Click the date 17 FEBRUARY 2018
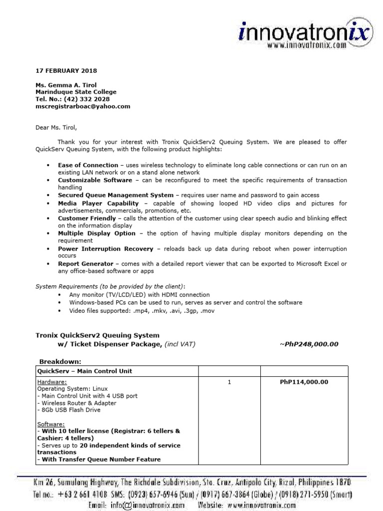coord(66,71)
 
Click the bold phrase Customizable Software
coord(95,180)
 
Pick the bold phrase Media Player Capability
coord(97,204)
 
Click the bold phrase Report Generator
coord(86,263)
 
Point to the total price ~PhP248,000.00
coord(309,344)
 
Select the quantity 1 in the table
coord(229,382)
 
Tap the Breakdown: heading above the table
coord(60,361)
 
